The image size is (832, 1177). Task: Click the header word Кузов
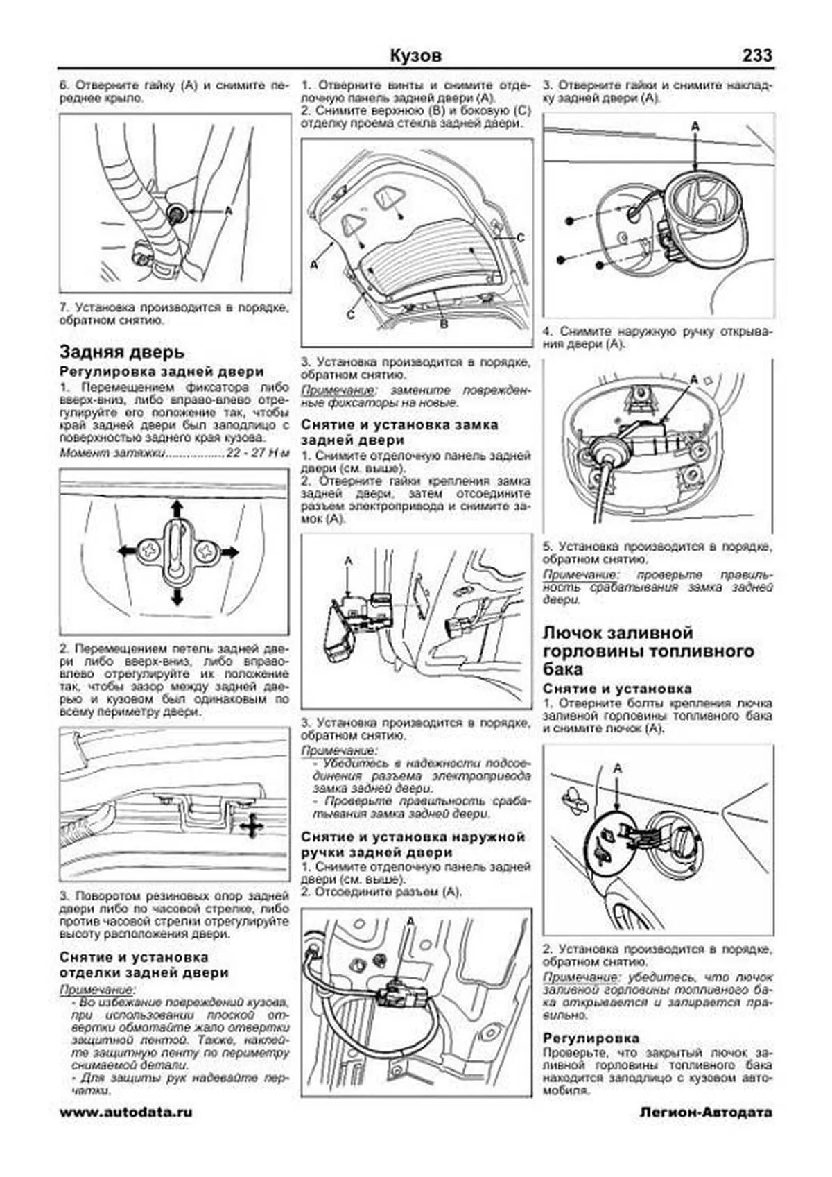[x=415, y=56]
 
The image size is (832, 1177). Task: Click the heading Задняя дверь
[x=121, y=352]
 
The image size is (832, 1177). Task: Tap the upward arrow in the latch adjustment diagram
[x=177, y=508]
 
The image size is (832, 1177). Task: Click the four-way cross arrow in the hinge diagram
[x=252, y=826]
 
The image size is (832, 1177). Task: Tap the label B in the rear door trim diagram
[x=444, y=324]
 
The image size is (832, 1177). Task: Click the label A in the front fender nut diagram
[x=229, y=209]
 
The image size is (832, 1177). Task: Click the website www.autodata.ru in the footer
[x=126, y=1112]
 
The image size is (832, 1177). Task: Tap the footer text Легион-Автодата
[x=706, y=1112]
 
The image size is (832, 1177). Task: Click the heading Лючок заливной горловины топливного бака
[x=648, y=651]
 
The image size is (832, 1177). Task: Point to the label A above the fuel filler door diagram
[x=618, y=768]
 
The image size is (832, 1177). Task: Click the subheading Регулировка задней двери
[x=162, y=372]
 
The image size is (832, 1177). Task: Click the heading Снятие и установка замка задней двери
[x=399, y=431]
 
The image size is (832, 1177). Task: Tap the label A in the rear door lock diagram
[x=348, y=560]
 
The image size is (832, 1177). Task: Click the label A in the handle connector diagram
[x=410, y=921]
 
